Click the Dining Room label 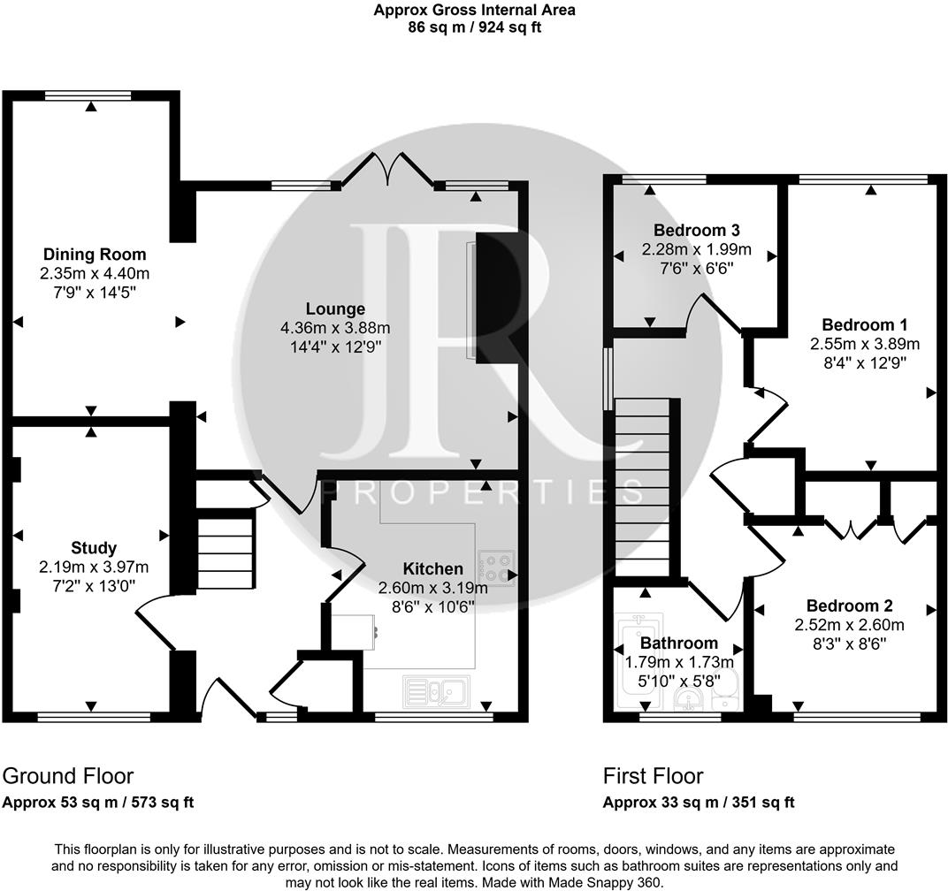[95, 255]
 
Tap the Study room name [94, 548]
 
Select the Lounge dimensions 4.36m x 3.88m [335, 327]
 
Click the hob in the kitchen [495, 567]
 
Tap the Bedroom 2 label [849, 606]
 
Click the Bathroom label [678, 643]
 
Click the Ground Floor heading [68, 776]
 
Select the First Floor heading [653, 776]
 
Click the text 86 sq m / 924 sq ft [474, 27]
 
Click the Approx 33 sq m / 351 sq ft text [699, 803]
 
